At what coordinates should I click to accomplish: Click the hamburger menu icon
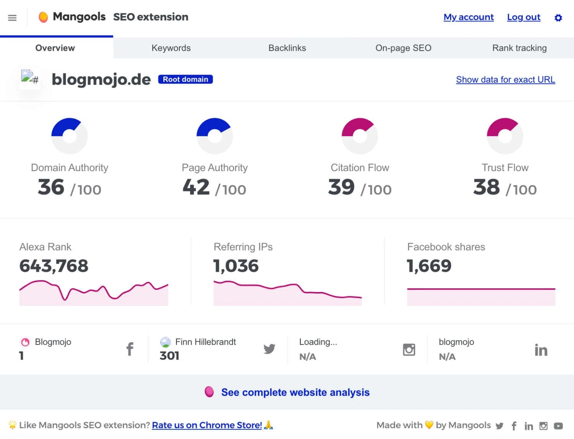point(12,18)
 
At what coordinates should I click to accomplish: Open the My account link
point(468,17)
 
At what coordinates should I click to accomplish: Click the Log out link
point(523,17)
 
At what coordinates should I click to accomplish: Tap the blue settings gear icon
point(558,18)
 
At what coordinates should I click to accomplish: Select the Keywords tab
point(171,48)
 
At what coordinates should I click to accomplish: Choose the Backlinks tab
point(287,48)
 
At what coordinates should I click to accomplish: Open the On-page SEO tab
point(403,48)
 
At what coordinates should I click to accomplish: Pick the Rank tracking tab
point(519,48)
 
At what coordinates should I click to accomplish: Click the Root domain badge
point(186,79)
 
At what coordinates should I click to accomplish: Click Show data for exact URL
point(506,80)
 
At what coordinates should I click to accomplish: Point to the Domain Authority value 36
point(51,187)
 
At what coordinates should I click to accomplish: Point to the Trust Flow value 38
point(486,187)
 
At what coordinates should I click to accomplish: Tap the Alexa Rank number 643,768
point(54,266)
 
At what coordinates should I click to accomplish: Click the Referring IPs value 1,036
point(236,266)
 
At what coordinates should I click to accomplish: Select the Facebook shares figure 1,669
point(429,266)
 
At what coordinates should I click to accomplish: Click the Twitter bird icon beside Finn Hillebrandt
point(269,349)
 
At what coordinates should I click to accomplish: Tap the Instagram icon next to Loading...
point(409,349)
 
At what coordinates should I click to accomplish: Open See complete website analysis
point(295,392)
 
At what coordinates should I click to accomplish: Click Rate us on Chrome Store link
point(207,425)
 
